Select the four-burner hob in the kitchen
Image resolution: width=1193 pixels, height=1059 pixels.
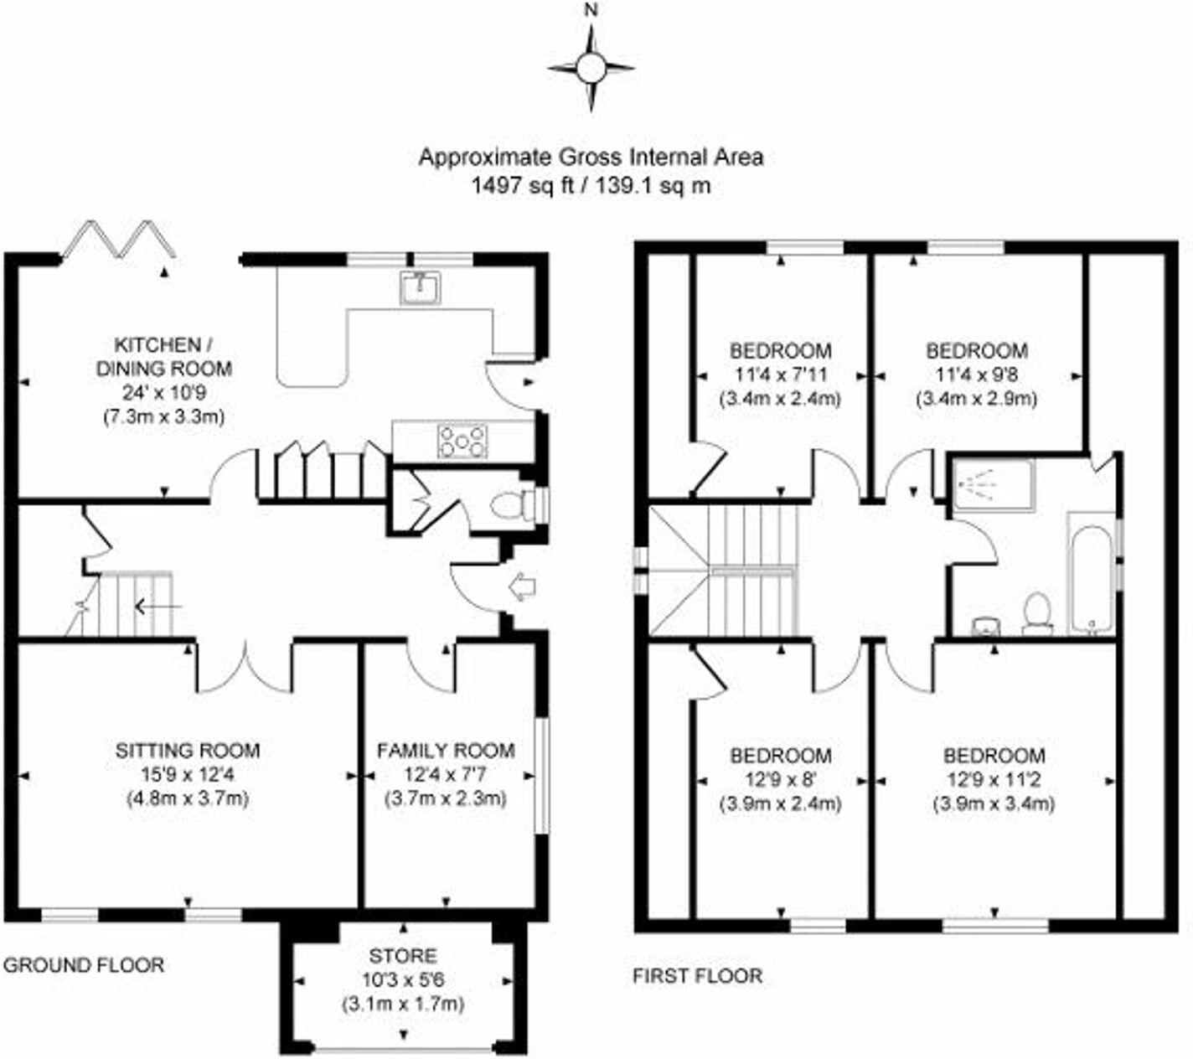[463, 442]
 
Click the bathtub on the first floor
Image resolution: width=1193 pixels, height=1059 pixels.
[1090, 574]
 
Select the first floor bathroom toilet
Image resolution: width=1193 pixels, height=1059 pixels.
[1037, 613]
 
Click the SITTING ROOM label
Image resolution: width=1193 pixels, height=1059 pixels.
[188, 750]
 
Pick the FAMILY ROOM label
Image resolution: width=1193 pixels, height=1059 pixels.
[446, 750]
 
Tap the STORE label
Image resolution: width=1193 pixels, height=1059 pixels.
[403, 955]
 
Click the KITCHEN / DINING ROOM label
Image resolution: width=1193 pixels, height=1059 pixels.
[163, 356]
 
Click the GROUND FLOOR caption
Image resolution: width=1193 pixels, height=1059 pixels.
[84, 965]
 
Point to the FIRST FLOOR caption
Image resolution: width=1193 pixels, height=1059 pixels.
[698, 975]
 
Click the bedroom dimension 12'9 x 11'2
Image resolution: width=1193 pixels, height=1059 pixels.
[994, 780]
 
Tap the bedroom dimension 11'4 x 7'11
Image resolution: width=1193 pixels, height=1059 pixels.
[781, 375]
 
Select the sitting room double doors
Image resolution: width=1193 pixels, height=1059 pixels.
[245, 668]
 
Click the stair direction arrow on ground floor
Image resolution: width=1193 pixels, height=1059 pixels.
[157, 605]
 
